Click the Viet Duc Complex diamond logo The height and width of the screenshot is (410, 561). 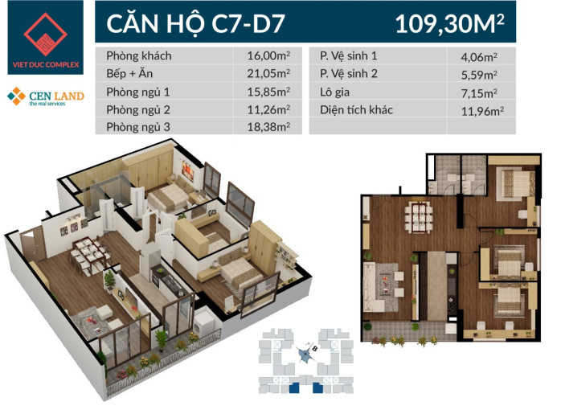(x=46, y=35)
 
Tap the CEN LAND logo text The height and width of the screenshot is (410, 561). (x=56, y=96)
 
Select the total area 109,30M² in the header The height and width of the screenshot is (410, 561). (x=450, y=24)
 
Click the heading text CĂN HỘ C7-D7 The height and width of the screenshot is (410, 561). (x=195, y=24)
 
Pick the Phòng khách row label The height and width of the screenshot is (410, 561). (x=139, y=55)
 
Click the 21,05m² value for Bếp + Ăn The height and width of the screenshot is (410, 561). (x=268, y=73)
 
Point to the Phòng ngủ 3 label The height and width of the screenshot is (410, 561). (x=138, y=127)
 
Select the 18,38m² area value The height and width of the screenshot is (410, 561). (x=268, y=127)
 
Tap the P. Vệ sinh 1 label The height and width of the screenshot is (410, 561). (x=348, y=55)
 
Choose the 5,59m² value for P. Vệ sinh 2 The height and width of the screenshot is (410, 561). (x=479, y=75)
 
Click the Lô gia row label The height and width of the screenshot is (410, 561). (x=334, y=92)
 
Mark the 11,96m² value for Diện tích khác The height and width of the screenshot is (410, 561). (x=482, y=111)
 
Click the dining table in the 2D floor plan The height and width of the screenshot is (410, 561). (x=419, y=217)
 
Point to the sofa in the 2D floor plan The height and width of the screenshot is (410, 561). (x=372, y=286)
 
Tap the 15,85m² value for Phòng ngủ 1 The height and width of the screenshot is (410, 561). (x=268, y=92)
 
